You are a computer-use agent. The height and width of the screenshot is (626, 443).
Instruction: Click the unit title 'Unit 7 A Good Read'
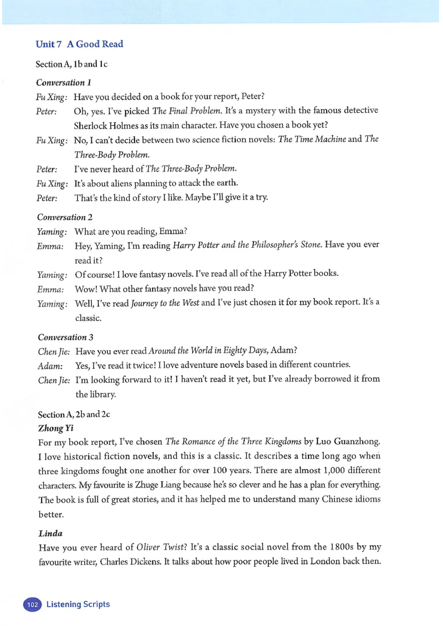(x=79, y=44)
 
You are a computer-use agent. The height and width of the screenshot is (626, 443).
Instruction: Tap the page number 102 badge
(x=33, y=604)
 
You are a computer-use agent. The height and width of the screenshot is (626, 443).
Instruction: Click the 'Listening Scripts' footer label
(x=78, y=604)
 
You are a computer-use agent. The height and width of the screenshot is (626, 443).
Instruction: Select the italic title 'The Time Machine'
(x=312, y=139)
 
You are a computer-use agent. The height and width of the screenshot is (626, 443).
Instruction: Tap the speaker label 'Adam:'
(x=49, y=365)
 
